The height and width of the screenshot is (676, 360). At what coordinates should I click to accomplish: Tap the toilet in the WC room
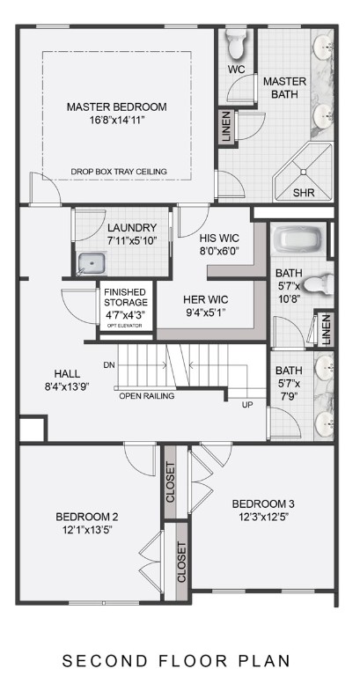(236, 44)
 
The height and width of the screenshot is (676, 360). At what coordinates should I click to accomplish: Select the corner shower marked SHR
(303, 177)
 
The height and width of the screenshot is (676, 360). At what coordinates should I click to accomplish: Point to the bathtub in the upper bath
(298, 239)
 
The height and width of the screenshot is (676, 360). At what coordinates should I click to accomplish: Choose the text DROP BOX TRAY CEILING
(119, 172)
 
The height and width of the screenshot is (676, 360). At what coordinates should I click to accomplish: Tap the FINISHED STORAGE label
(124, 298)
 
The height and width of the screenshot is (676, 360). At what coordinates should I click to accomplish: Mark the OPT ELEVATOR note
(124, 326)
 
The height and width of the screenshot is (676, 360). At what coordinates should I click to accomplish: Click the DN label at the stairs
(108, 364)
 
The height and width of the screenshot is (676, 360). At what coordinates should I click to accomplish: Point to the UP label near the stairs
(249, 405)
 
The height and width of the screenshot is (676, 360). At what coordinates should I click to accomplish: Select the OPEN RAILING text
(147, 396)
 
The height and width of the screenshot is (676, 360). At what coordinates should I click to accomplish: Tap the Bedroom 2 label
(87, 516)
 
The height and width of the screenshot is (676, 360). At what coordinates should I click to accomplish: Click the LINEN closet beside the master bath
(226, 127)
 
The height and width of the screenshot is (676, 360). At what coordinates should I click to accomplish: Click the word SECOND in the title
(99, 658)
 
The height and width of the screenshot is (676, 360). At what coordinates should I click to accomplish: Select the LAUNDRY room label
(132, 228)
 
